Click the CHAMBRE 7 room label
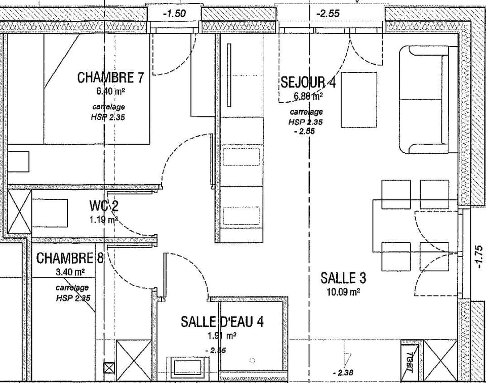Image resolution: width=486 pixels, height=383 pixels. click(x=111, y=78)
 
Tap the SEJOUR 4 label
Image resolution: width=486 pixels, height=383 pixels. click(x=308, y=82)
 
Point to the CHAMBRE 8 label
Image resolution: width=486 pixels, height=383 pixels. click(x=70, y=258)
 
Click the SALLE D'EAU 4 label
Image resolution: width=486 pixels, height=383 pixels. click(x=222, y=321)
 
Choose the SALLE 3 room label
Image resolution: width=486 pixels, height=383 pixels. click(x=343, y=277)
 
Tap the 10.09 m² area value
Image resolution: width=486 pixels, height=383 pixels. click(x=343, y=292)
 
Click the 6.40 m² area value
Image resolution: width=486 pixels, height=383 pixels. click(x=110, y=92)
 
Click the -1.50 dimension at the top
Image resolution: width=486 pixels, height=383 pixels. click(x=174, y=14)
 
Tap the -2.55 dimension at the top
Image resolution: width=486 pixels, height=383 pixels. click(x=328, y=14)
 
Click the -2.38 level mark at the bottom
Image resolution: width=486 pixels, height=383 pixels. click(x=343, y=373)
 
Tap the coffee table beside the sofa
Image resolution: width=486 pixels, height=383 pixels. click(x=358, y=100)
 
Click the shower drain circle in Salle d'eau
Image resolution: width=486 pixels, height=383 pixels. click(x=252, y=360)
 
